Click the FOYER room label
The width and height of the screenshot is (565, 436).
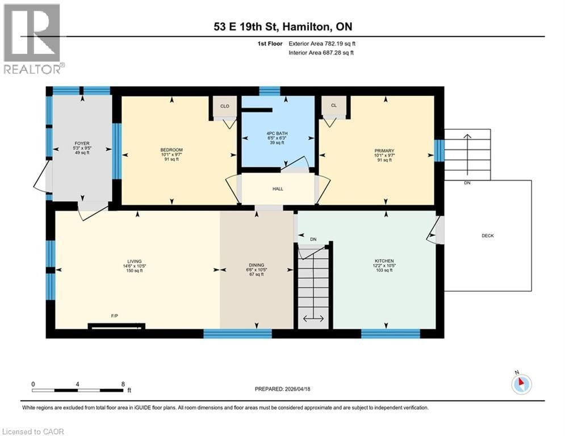point(82,144)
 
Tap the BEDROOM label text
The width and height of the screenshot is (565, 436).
point(171,150)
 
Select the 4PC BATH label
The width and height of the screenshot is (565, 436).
point(278,133)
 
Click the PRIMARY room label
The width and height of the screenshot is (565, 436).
point(384,150)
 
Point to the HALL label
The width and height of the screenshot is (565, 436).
point(278,189)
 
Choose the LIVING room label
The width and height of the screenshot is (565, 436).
point(135,261)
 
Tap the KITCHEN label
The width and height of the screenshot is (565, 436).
point(384,261)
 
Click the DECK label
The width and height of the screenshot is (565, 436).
point(487,236)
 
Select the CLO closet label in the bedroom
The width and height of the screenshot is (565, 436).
point(224,106)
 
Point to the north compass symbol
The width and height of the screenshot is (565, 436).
point(521,384)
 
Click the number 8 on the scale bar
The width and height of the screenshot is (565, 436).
point(123,384)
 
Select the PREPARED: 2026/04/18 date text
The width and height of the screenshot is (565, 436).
point(282,389)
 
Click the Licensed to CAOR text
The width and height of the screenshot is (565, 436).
point(33,431)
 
